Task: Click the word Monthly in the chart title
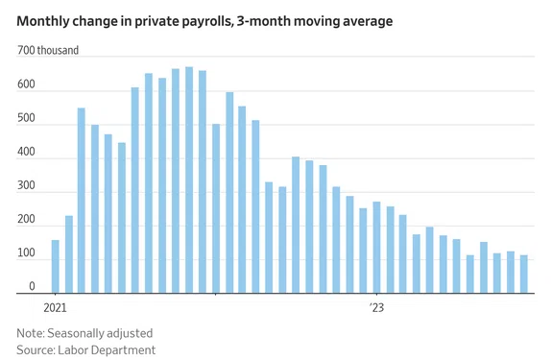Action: coord(43,22)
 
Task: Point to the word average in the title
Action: coord(368,22)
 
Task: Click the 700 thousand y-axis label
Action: coord(48,50)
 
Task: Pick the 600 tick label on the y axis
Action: coord(26,84)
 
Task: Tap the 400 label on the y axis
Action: coord(26,152)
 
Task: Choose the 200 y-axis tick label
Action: coord(26,220)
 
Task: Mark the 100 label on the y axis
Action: coord(26,253)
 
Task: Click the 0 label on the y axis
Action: coord(32,286)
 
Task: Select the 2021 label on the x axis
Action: coord(55,308)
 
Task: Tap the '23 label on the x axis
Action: coord(376,308)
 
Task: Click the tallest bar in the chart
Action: coord(189,180)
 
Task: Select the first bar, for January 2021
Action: coord(55,267)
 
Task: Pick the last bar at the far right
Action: coord(524,275)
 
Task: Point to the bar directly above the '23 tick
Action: coord(376,248)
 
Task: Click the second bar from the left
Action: coord(69,254)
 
